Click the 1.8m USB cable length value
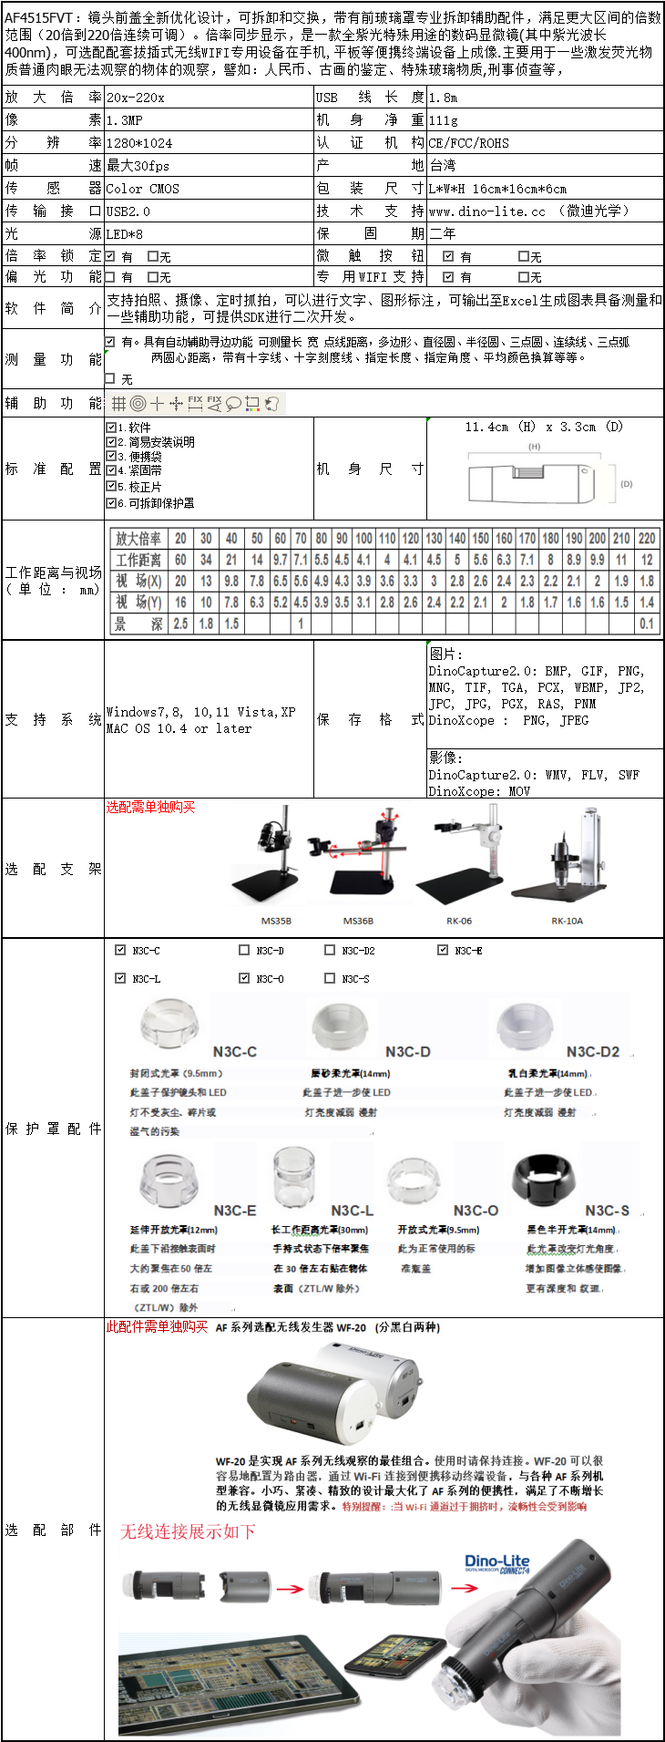pyautogui.click(x=444, y=98)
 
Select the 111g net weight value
pyautogui.click(x=444, y=120)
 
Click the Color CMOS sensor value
pyautogui.click(x=143, y=189)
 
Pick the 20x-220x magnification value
pyautogui.click(x=136, y=98)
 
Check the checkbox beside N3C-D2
pyautogui.click(x=330, y=950)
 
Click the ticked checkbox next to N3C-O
pyautogui.click(x=244, y=978)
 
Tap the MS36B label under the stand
pyautogui.click(x=358, y=921)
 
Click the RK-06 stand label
pyautogui.click(x=459, y=921)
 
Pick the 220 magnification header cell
pyautogui.click(x=647, y=539)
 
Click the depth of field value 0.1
pyautogui.click(x=647, y=624)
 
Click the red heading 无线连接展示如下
pyautogui.click(x=188, y=1531)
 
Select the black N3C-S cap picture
pyautogui.click(x=546, y=1184)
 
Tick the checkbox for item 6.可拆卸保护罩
pyautogui.click(x=111, y=502)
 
